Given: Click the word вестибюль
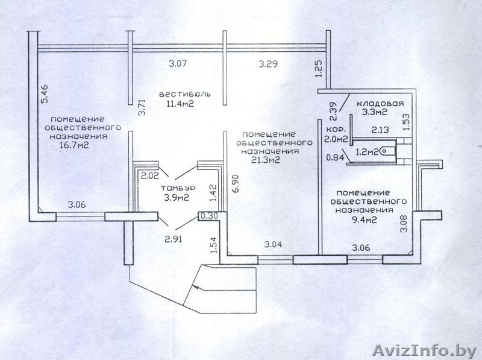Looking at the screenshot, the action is [185, 94].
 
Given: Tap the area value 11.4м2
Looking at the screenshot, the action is [180, 103].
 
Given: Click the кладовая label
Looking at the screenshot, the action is [380, 103].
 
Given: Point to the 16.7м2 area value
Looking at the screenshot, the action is [75, 145].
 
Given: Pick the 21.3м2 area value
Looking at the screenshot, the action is [266, 160].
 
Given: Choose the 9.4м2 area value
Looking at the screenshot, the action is [365, 219].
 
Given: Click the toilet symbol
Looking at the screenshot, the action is [387, 151].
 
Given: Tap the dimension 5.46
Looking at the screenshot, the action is [45, 93].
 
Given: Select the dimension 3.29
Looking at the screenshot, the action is [268, 64].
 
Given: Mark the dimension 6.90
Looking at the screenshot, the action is [236, 185].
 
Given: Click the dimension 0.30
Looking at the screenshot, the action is [209, 216].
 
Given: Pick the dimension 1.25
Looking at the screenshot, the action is [319, 68].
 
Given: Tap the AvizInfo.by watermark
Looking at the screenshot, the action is [425, 350].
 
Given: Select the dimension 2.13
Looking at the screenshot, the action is [380, 130].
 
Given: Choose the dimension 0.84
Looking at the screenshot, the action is [335, 157].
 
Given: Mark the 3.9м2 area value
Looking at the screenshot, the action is [177, 198].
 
